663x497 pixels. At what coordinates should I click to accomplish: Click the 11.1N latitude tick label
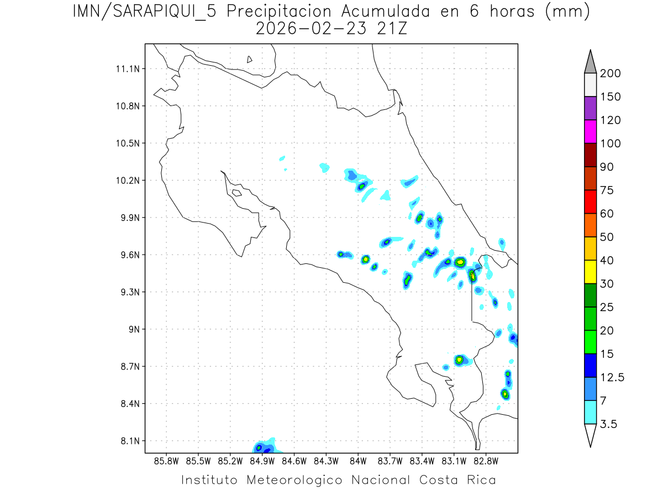(x=127, y=69)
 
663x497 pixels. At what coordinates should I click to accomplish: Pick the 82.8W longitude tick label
(x=486, y=460)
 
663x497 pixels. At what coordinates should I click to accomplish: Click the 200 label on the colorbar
(x=610, y=73)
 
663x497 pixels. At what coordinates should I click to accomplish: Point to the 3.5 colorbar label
(x=609, y=424)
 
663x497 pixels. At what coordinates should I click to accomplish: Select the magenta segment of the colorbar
(x=590, y=131)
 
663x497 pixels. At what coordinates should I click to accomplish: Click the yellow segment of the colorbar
(x=590, y=272)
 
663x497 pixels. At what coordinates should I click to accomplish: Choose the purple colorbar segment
(x=590, y=108)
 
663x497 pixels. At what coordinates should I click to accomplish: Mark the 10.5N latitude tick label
(x=127, y=144)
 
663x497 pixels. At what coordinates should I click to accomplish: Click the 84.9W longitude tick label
(x=262, y=460)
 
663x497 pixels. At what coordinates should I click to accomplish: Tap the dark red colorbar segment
(x=590, y=155)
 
